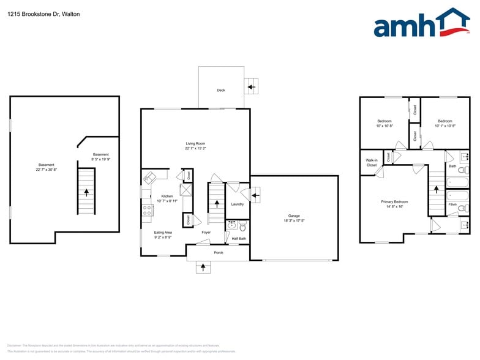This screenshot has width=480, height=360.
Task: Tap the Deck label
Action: pos(221,90)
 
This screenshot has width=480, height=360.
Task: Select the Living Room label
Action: pos(195,143)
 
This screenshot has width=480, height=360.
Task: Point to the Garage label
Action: pos(294,216)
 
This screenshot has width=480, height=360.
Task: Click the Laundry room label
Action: pos(238,204)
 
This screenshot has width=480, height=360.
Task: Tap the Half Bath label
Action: pos(238,238)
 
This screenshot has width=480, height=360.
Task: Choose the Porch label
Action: pos(219,253)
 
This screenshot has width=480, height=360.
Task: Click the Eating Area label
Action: pos(163,232)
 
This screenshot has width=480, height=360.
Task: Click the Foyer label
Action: pos(206,232)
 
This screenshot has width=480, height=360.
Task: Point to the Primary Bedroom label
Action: pos(394,201)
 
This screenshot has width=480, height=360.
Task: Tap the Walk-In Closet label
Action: pos(372,162)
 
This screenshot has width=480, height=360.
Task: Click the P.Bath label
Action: pos(453,204)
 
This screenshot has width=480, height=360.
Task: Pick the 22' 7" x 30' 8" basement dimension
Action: pos(47,169)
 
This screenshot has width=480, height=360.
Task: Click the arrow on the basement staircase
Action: pos(86,192)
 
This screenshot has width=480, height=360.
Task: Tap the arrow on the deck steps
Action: pos(251,87)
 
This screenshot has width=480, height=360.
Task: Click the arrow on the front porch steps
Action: pos(203,267)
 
